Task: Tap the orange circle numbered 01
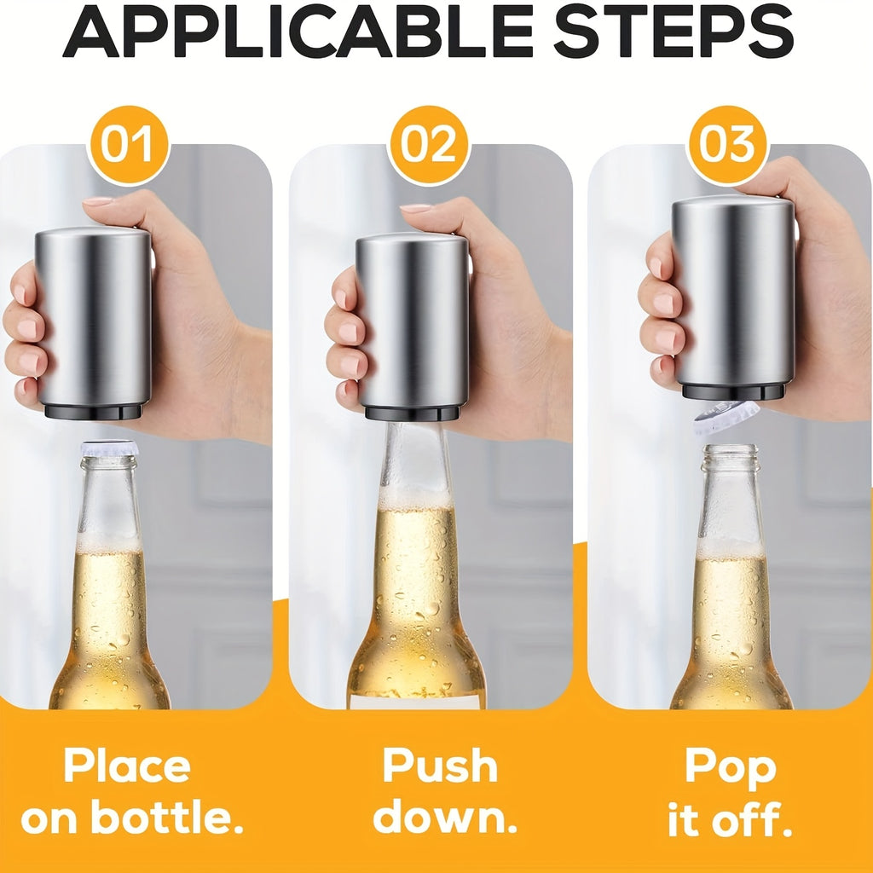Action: point(128,145)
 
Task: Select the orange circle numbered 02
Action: point(429,145)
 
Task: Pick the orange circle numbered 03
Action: point(727,145)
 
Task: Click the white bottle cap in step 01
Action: point(110,448)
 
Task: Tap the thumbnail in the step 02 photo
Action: point(416,208)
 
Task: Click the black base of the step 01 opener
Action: point(93,412)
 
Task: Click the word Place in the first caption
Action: point(128,767)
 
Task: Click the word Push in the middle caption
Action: point(440,766)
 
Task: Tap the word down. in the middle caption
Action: point(445,816)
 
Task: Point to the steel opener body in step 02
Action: point(413,321)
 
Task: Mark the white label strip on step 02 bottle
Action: point(416,702)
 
